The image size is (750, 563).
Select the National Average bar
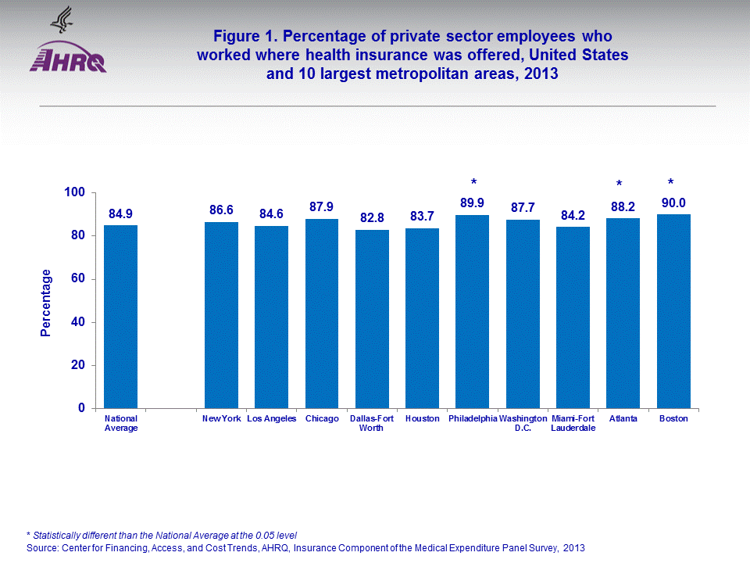121,317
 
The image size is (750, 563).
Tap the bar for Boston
673,311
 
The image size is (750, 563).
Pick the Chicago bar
322,314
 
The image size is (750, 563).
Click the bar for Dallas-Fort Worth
372,319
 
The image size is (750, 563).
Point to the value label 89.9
473,203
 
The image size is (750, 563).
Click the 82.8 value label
372,218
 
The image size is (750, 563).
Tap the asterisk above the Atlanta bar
619,185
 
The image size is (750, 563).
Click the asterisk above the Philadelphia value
473,182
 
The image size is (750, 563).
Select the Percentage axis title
46,303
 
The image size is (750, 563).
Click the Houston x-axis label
422,419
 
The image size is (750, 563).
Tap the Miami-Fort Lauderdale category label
573,423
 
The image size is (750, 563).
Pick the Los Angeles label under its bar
272,419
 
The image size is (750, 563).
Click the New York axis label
221,419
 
